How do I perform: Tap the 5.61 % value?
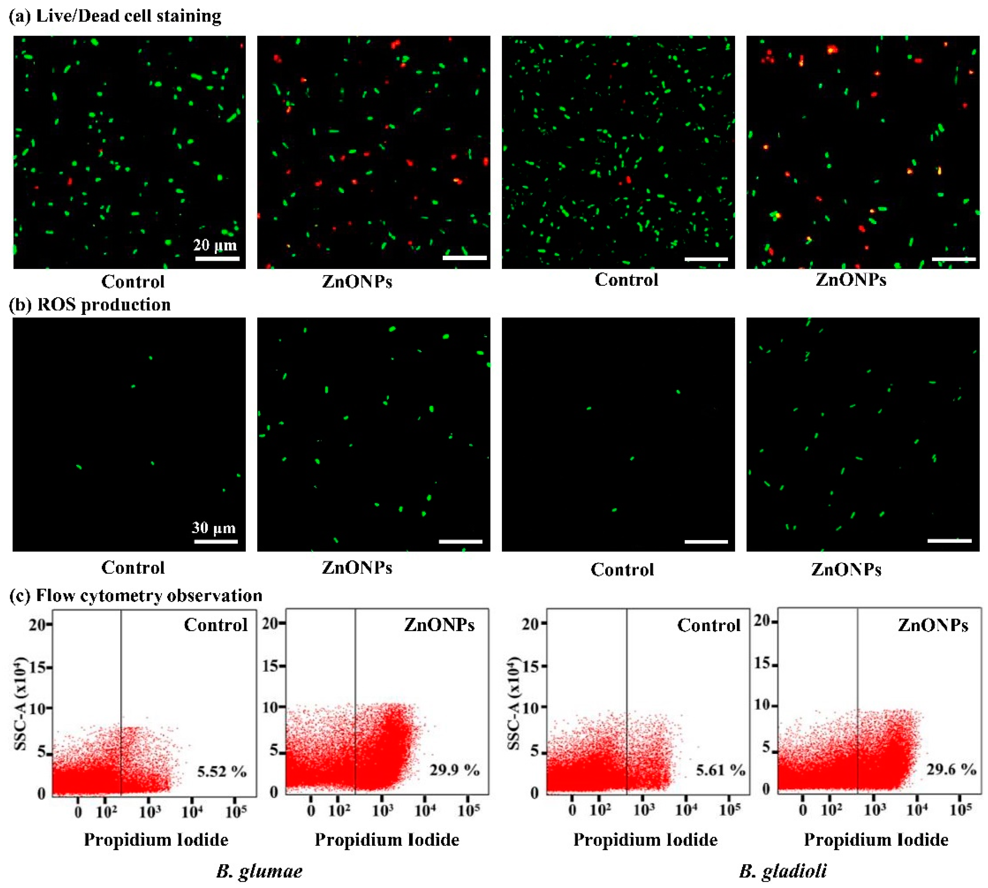(720, 770)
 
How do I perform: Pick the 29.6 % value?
(951, 769)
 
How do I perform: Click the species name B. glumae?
(259, 871)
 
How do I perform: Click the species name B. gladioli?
(783, 871)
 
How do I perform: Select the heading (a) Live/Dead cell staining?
(115, 16)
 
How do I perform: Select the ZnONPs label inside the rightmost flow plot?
(932, 625)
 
